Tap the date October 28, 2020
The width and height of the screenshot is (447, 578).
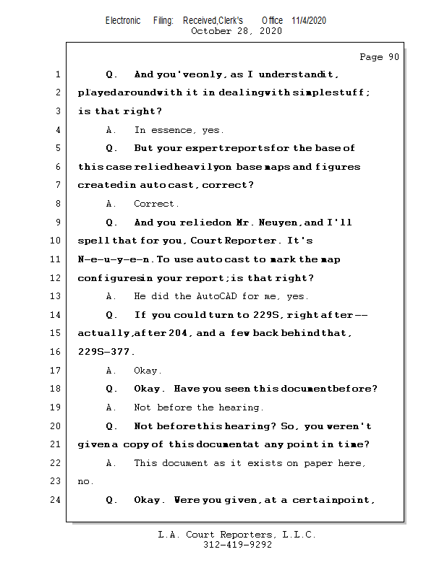[236, 31]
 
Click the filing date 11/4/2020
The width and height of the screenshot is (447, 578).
[309, 20]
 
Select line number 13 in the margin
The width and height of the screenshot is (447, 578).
[57, 296]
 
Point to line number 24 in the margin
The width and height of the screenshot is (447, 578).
[57, 499]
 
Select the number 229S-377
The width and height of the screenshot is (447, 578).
[106, 352]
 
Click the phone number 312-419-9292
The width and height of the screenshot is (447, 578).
[237, 545]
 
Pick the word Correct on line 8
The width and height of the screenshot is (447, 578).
[156, 204]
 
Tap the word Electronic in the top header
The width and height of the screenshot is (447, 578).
[123, 20]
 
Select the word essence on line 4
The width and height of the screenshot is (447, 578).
[171, 130]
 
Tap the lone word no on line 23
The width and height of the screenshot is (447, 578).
[85, 481]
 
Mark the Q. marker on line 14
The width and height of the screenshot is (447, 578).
[111, 315]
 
